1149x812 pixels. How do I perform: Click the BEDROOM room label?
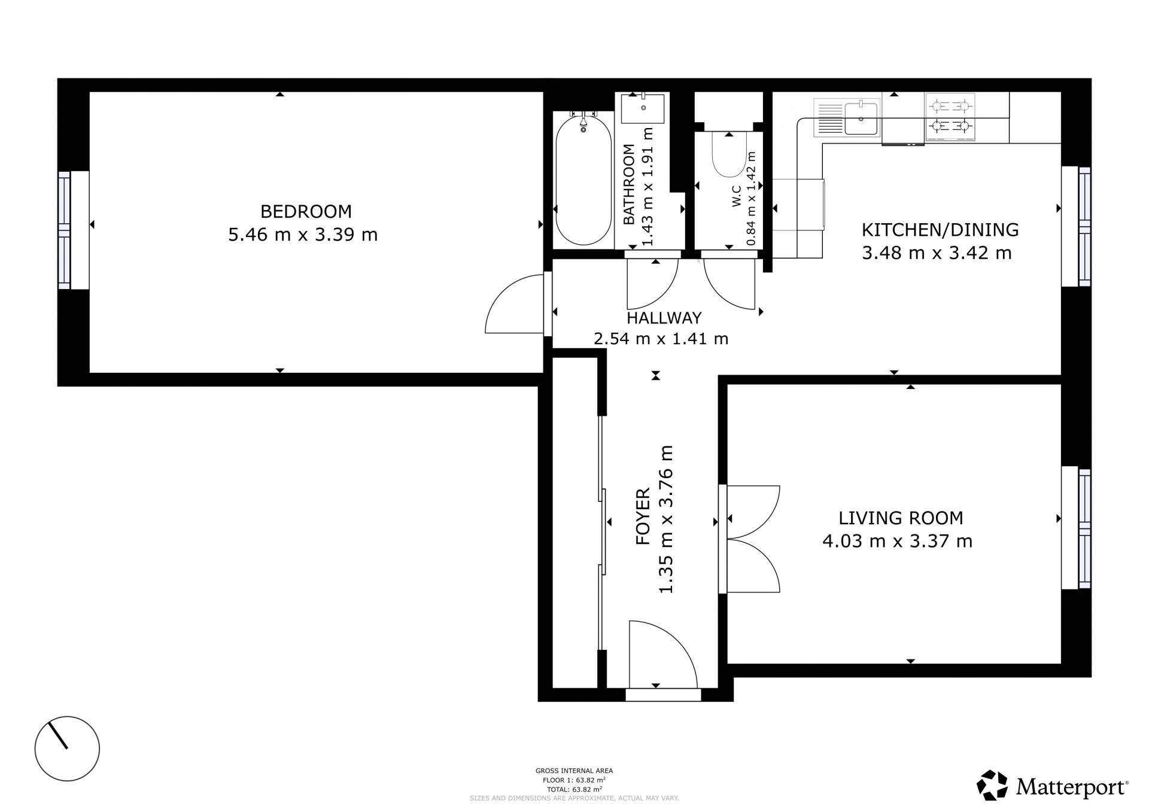tap(306, 211)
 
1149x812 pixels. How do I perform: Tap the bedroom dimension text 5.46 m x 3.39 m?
tap(303, 235)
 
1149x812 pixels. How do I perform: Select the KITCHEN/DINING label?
tap(940, 230)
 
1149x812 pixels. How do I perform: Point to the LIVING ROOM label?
tap(901, 518)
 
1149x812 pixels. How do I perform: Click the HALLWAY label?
tap(664, 318)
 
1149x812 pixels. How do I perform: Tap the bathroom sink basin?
tap(643, 108)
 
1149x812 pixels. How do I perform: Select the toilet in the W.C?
tap(729, 154)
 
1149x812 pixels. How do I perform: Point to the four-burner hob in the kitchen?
tap(950, 117)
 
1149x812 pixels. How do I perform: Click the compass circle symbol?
tap(67, 749)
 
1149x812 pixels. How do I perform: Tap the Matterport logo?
tap(1053, 786)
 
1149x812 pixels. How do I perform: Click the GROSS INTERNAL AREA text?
tap(574, 771)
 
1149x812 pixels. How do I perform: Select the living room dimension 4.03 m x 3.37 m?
tap(897, 541)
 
